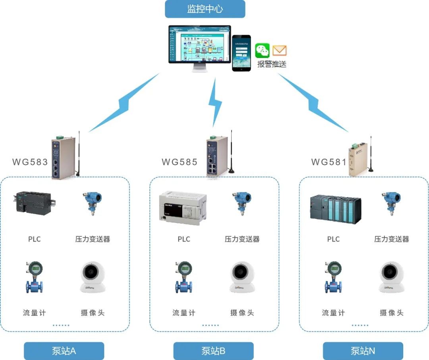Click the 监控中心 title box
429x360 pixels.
205,9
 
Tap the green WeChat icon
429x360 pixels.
262,50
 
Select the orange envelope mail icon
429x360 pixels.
280,51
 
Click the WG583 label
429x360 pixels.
30,162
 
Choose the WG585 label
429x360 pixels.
180,162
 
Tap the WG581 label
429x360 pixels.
329,162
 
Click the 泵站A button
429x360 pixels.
64,351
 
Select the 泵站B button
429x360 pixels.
213,351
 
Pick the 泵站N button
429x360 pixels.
363,351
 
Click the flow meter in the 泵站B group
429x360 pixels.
184,277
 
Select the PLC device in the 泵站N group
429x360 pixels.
335,209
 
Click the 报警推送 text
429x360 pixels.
272,64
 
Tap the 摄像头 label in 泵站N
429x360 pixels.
391,313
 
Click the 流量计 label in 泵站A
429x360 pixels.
35,313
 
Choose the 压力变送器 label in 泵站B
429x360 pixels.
242,239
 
